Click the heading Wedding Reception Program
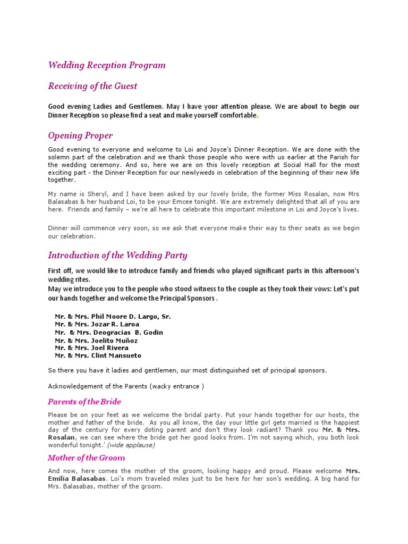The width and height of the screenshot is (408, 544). click(107, 65)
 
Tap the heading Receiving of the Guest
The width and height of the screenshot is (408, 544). click(92, 86)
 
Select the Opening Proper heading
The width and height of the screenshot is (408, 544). click(80, 135)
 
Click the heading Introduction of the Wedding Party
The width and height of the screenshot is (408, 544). click(117, 255)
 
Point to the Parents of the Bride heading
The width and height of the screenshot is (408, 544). click(84, 402)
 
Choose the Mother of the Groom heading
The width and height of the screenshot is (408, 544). click(87, 458)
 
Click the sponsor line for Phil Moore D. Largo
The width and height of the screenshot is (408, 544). click(113, 317)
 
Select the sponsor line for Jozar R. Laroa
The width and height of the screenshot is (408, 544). click(97, 324)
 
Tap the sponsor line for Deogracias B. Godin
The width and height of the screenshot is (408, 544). click(109, 333)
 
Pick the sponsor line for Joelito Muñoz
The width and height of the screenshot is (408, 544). click(96, 341)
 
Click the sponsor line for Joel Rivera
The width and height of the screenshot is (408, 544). click(91, 348)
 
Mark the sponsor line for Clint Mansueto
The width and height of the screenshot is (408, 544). click(98, 356)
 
